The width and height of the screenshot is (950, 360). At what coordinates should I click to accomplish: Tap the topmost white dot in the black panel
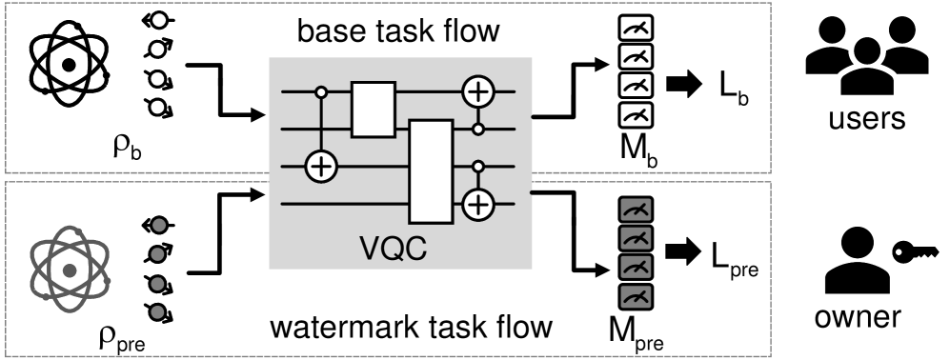click(x=159, y=20)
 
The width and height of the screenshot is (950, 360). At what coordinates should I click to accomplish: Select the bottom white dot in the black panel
click(x=159, y=107)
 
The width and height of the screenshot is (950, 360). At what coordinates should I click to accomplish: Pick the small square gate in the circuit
click(x=373, y=109)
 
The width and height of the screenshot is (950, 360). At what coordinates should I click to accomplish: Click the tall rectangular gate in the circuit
click(x=430, y=171)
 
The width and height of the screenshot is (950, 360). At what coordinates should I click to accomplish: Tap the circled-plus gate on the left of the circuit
click(x=321, y=167)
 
